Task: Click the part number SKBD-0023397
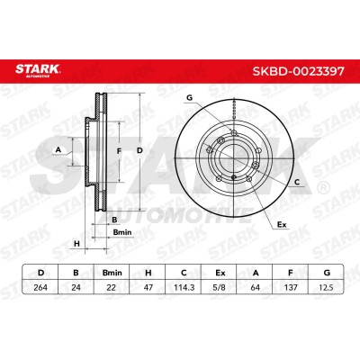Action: pos(299,71)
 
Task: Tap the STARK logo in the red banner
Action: pos(38,70)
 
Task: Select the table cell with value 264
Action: pos(40,287)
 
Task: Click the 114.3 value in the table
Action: pos(184,287)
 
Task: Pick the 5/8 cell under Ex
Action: pos(220,287)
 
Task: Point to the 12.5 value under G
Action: pos(327,287)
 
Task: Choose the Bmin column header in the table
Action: pos(112,273)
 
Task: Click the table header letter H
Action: pos(148,273)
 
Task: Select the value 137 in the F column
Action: pos(291,287)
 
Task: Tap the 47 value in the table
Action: pos(148,287)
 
